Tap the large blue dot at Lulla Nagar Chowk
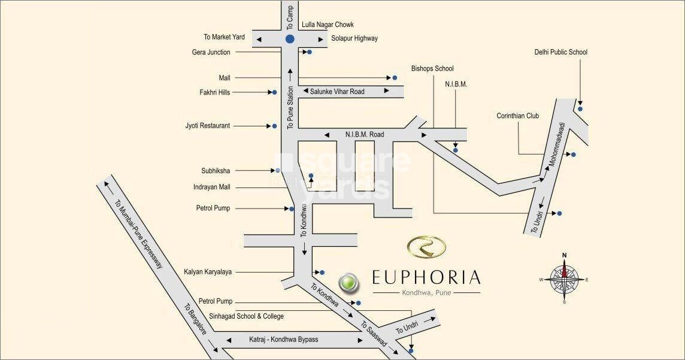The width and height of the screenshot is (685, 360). (290, 39)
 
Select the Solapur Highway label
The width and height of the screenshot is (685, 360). (354, 38)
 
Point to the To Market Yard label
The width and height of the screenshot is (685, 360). (224, 37)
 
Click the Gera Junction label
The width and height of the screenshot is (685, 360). (211, 52)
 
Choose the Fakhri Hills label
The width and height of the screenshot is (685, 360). (214, 92)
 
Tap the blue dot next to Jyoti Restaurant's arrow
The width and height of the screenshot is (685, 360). (274, 126)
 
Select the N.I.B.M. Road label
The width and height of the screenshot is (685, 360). (364, 135)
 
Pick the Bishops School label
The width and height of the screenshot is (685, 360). (432, 68)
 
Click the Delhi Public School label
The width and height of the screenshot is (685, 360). (560, 52)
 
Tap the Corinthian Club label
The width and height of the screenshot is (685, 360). (517, 116)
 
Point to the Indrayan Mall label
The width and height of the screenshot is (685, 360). (212, 187)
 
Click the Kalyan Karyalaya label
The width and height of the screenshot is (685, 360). (208, 272)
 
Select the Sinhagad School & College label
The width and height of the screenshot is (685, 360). (246, 316)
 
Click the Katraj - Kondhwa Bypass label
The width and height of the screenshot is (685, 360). (283, 340)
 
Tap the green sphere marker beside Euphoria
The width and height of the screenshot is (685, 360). (347, 281)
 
